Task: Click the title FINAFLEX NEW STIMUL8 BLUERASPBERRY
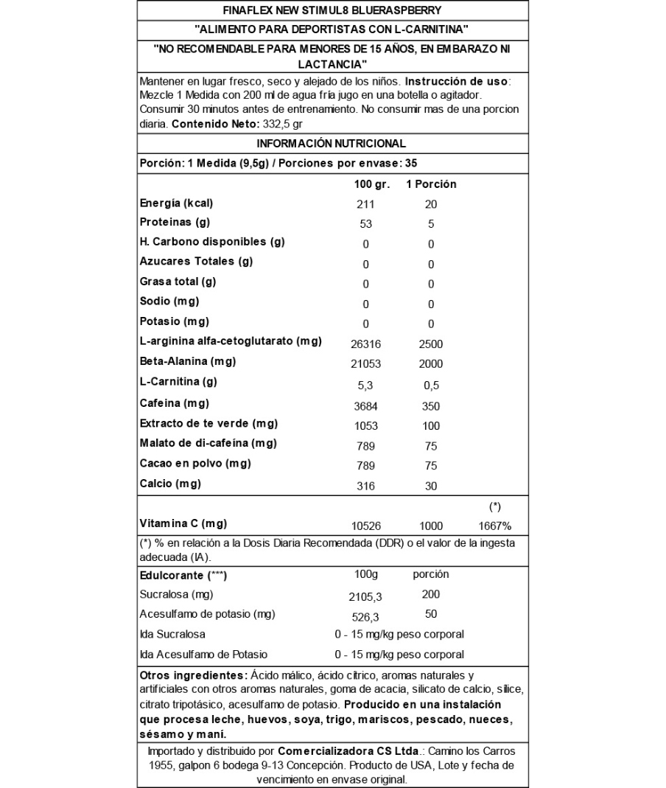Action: click(332, 10)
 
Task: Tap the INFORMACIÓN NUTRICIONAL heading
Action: click(332, 143)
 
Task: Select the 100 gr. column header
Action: click(366, 184)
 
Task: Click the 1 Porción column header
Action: click(431, 184)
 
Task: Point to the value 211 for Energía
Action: click(366, 204)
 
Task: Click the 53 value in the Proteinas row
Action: click(366, 224)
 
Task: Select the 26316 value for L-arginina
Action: click(366, 344)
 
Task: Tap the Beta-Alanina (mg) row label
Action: click(182, 362)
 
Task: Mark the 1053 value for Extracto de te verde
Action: click(366, 425)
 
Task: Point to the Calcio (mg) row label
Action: click(170, 484)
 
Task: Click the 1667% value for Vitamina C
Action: click(495, 526)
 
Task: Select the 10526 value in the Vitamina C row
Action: click(366, 526)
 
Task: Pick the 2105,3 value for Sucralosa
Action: click(366, 596)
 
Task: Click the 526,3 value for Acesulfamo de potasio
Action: click(366, 616)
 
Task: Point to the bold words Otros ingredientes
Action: click(193, 675)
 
